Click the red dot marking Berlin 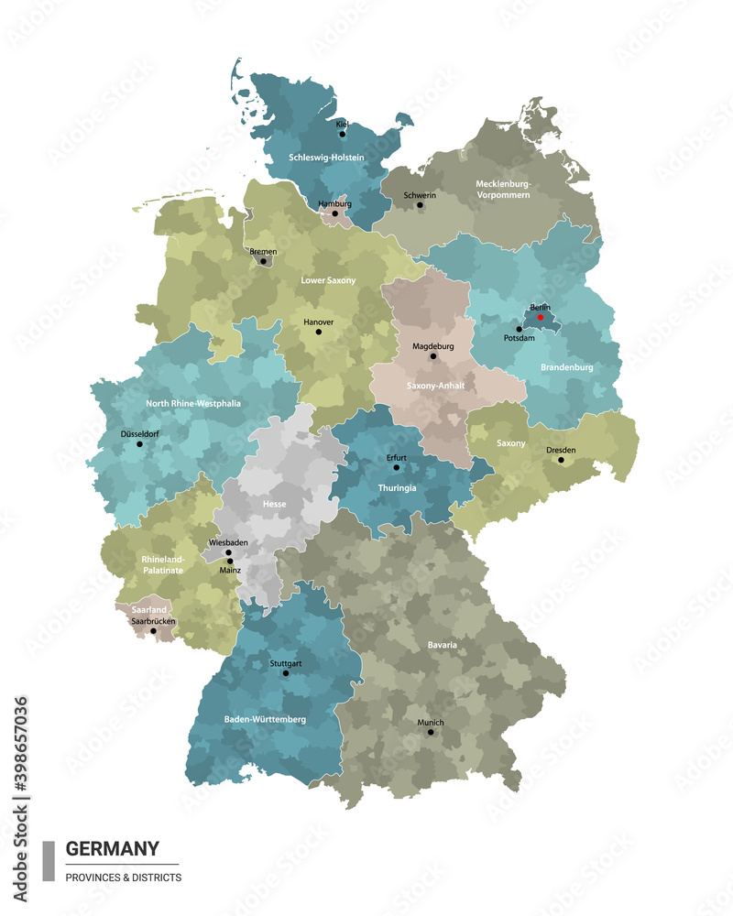[x=541, y=318]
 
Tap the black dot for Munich [x=430, y=732]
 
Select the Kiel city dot [x=342, y=134]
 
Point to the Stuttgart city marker [x=285, y=673]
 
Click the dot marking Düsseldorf [x=139, y=444]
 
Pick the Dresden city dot [x=561, y=460]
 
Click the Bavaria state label [x=442, y=645]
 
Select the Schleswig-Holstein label [x=326, y=158]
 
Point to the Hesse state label [x=274, y=504]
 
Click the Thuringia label [x=397, y=488]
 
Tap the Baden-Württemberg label [x=265, y=719]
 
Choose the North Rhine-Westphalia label [x=192, y=403]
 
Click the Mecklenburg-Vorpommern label [x=503, y=189]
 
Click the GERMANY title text [x=112, y=848]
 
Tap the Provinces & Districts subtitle [x=123, y=878]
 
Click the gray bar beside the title [x=49, y=861]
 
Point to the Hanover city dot [x=319, y=332]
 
